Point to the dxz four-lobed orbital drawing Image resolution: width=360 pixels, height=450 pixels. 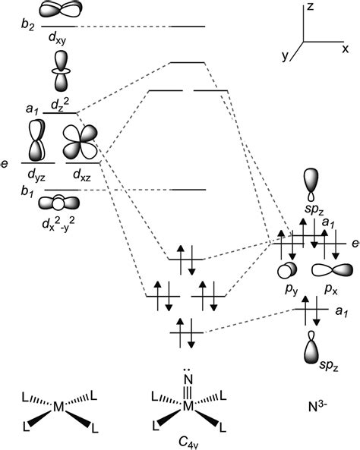pyautogui.click(x=81, y=141)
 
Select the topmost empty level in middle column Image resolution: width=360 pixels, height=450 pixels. pyautogui.click(x=187, y=27)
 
